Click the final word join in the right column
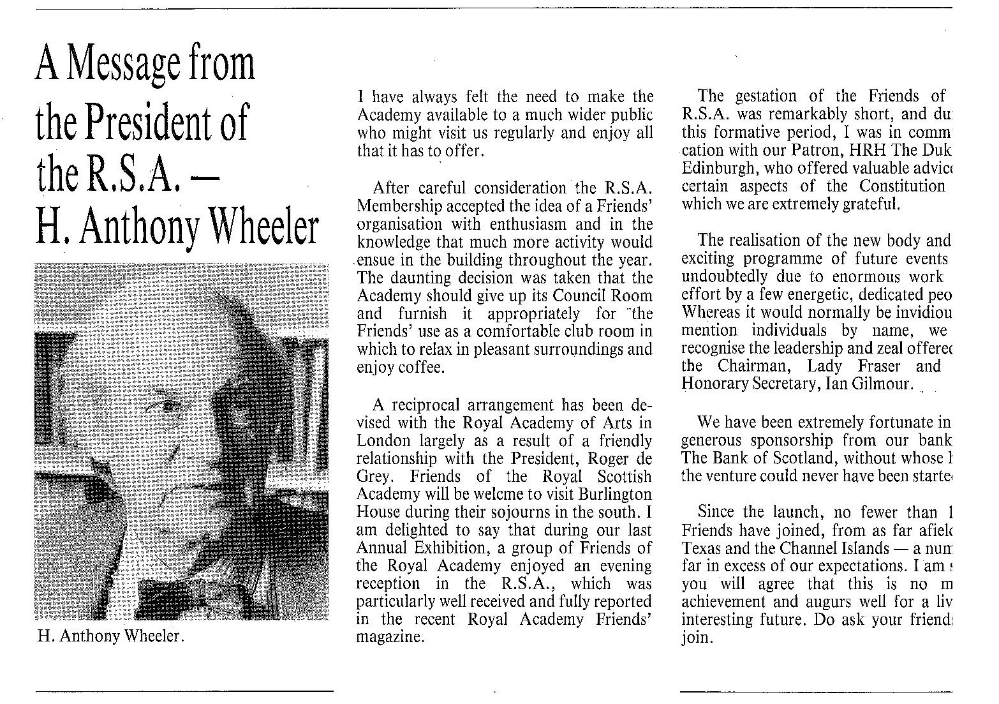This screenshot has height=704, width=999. click(696, 638)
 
